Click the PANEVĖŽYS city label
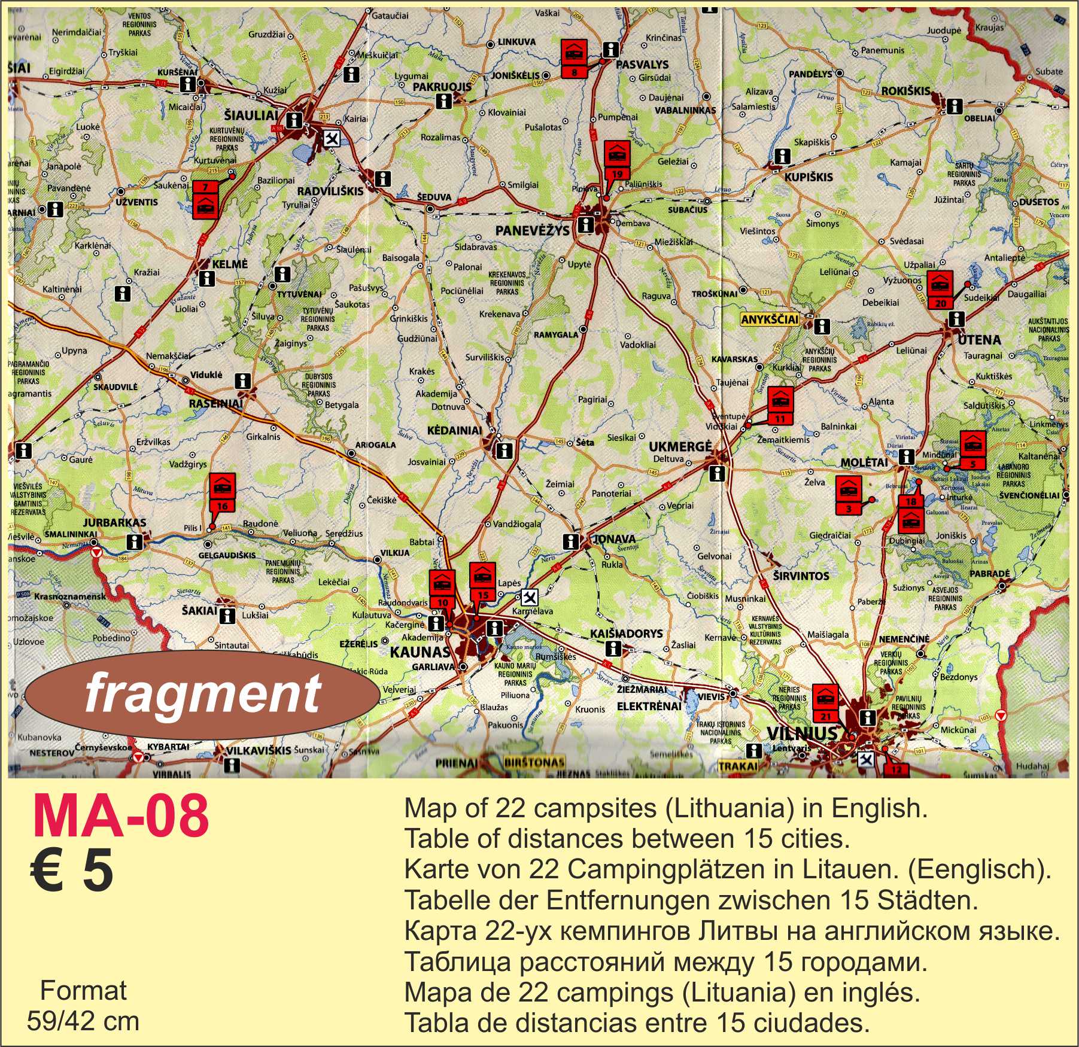[532, 230]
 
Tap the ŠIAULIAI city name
[251, 115]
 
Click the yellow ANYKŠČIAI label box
[770, 319]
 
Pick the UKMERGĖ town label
[680, 446]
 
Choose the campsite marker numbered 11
[780, 404]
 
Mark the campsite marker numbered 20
[940, 290]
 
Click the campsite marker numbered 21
[826, 702]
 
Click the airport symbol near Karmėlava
[529, 597]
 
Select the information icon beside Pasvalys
[610, 49]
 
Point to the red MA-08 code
[120, 816]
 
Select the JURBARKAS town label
[114, 522]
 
